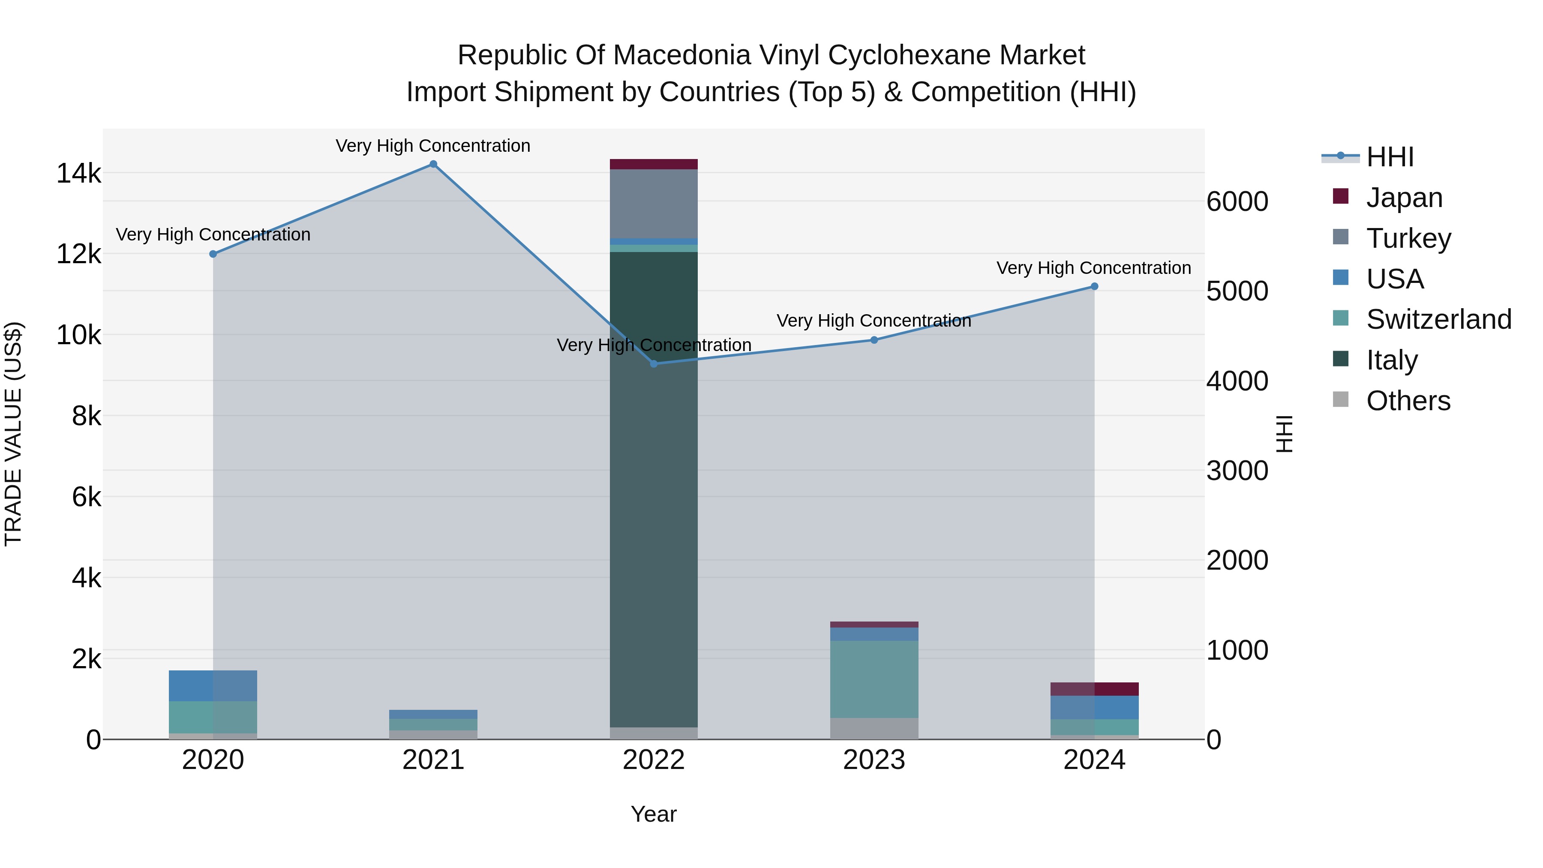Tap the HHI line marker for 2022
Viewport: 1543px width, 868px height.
click(x=654, y=363)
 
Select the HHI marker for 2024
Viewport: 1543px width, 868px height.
click(x=1094, y=286)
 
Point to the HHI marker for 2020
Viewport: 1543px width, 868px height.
click(x=213, y=254)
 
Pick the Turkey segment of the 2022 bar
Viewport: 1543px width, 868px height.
click(x=654, y=204)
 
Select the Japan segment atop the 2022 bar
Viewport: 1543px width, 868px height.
click(x=654, y=164)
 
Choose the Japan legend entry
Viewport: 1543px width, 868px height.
click(x=1403, y=198)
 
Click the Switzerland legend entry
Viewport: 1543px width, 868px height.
click(x=1438, y=319)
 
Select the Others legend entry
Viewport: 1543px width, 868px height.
click(x=1408, y=401)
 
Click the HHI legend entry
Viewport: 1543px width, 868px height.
click(x=1390, y=157)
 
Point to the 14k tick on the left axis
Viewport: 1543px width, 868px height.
click(x=78, y=174)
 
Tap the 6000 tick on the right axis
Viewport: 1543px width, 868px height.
click(x=1237, y=202)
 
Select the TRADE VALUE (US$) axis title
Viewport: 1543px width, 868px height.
click(x=13, y=434)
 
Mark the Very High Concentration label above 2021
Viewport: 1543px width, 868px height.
click(x=432, y=146)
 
